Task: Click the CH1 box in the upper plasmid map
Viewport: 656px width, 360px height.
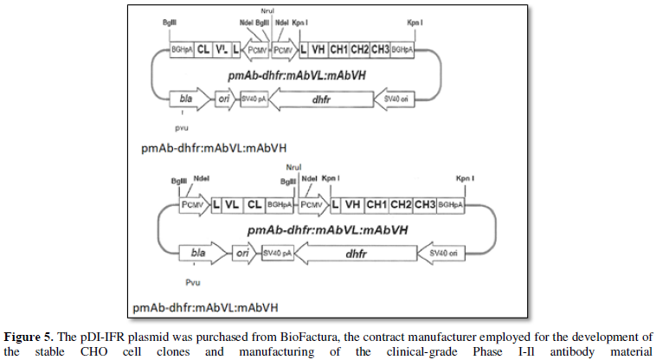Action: point(340,49)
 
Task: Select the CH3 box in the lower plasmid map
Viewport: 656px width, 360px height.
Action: point(424,205)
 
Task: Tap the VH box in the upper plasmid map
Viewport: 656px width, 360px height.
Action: point(318,49)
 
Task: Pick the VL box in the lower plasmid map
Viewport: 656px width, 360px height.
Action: point(231,205)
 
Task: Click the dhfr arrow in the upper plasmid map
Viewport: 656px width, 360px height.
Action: point(321,100)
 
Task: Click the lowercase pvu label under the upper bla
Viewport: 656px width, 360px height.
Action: point(181,127)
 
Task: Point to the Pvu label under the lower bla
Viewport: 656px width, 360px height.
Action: point(193,281)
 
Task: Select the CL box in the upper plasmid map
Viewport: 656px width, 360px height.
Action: point(203,49)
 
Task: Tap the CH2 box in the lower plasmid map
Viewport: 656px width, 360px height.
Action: point(400,205)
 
